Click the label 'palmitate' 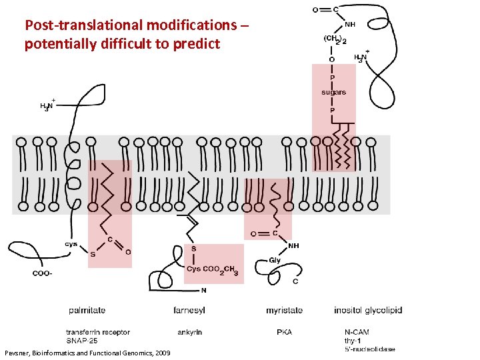click(87, 310)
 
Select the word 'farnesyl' click(189, 310)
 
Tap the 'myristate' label click(284, 310)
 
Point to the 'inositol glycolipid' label click(368, 310)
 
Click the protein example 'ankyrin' click(189, 332)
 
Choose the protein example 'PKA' click(284, 332)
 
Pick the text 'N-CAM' click(357, 332)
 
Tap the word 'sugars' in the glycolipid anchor click(333, 93)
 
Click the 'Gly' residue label click(275, 260)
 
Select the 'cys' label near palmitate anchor click(71, 244)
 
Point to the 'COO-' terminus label click(43, 273)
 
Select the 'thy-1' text click(353, 341)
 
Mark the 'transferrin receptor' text click(98, 332)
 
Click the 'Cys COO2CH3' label click(213, 270)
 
